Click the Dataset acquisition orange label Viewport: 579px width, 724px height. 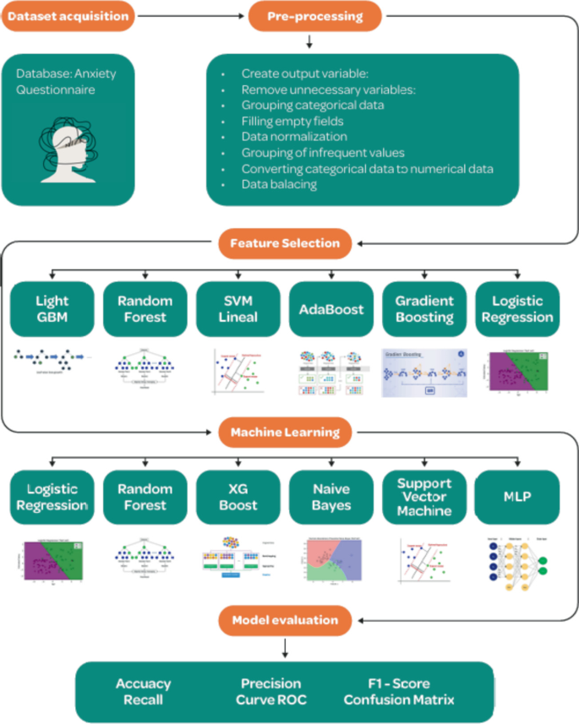click(68, 15)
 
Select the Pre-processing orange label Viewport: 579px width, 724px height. click(314, 15)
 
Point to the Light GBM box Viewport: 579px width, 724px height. click(52, 310)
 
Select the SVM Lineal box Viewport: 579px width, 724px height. click(238, 310)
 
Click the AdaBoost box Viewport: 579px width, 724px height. click(330, 310)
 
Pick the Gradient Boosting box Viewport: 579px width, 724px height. click(423, 310)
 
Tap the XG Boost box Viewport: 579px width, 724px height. click(238, 498)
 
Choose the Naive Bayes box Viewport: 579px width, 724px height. click(330, 498)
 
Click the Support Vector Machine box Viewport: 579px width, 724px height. click(423, 498)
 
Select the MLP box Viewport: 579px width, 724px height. click(516, 498)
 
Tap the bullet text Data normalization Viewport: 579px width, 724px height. click(294, 136)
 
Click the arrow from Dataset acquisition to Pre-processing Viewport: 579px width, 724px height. click(190, 15)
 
